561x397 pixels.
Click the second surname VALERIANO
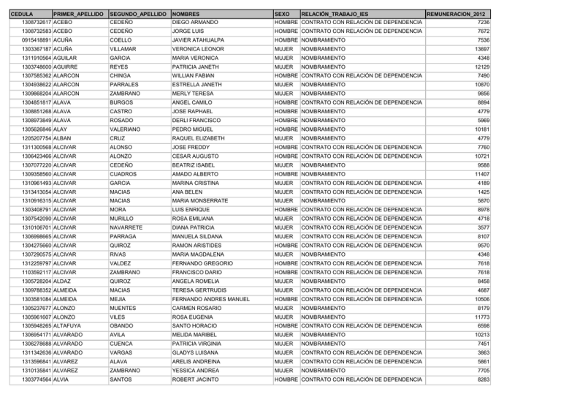(127, 129)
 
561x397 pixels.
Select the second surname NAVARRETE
(129, 227)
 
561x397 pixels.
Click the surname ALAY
(61, 129)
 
